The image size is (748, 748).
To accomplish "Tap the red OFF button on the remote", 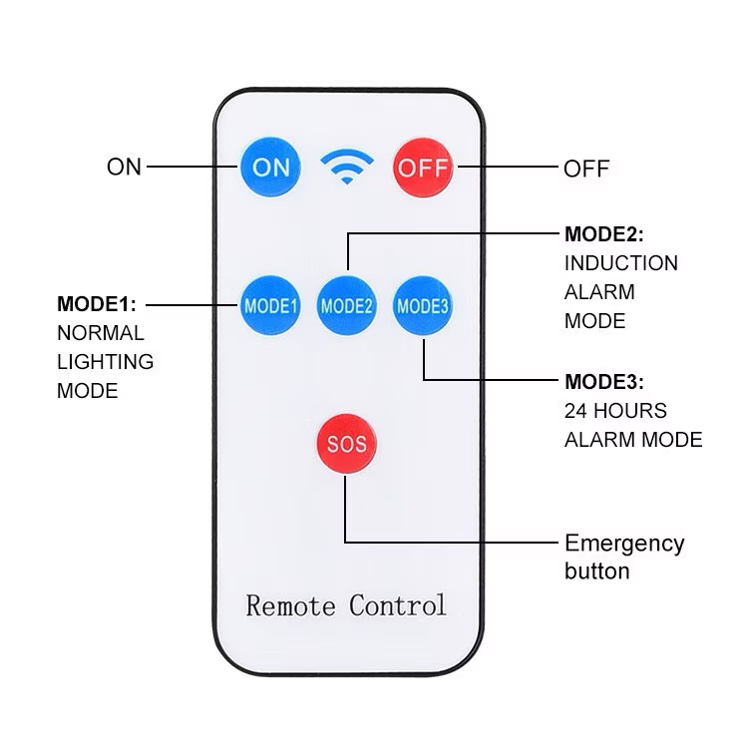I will tap(423, 167).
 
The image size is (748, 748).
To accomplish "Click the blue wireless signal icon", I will tap(347, 168).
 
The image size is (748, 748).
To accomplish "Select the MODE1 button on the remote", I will tap(270, 304).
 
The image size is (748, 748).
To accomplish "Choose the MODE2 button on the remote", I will tap(347, 304).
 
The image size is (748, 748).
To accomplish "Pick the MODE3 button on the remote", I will tap(423, 304).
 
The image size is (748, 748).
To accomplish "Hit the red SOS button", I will tap(346, 444).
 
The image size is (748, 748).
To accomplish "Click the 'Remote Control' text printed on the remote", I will tap(346, 604).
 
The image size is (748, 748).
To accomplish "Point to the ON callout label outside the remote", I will tap(125, 167).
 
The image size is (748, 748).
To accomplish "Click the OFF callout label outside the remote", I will tap(586, 168).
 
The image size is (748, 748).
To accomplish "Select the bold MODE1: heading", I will tap(97, 303).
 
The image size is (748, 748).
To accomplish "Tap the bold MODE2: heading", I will tap(604, 234).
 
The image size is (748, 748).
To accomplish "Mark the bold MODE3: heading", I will tap(604, 381).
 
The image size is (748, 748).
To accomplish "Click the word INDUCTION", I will tap(621, 263).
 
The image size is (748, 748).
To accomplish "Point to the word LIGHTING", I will tap(106, 361).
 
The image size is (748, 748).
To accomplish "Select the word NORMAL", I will tap(101, 332).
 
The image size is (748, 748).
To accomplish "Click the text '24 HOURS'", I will tap(615, 410).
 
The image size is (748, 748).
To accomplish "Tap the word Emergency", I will tap(624, 544).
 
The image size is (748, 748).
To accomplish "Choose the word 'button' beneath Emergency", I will tap(597, 571).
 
